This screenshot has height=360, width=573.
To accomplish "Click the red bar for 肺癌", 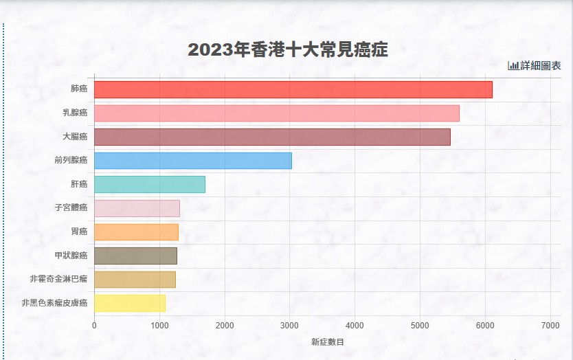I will pos(293,89).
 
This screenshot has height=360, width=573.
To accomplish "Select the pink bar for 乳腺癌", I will pos(276,113).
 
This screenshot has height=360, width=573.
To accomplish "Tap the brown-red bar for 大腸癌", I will pos(272,137).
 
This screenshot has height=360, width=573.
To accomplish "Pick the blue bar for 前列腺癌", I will pos(192,161).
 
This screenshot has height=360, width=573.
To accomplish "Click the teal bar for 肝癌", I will pos(149,184).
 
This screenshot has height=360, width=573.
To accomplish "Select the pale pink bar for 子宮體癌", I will pos(137,208).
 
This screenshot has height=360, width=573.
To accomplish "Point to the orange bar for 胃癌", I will pos(136,232).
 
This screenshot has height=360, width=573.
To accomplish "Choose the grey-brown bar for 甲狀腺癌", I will pos(135,256).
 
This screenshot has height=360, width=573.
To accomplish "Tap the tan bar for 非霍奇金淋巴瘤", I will pos(135,280).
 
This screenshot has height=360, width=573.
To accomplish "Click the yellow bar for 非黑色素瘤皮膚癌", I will pos(129,303).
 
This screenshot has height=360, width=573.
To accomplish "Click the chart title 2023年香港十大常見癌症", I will pos(288,50).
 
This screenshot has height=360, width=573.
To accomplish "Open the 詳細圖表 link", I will pos(541,66).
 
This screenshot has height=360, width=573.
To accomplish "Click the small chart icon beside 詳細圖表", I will pos(513,66).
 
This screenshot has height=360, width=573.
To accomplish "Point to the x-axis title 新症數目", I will pos(327,341).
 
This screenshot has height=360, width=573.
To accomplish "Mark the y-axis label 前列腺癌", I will pos(71,161).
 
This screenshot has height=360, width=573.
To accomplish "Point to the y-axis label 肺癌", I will pos(79,89).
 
